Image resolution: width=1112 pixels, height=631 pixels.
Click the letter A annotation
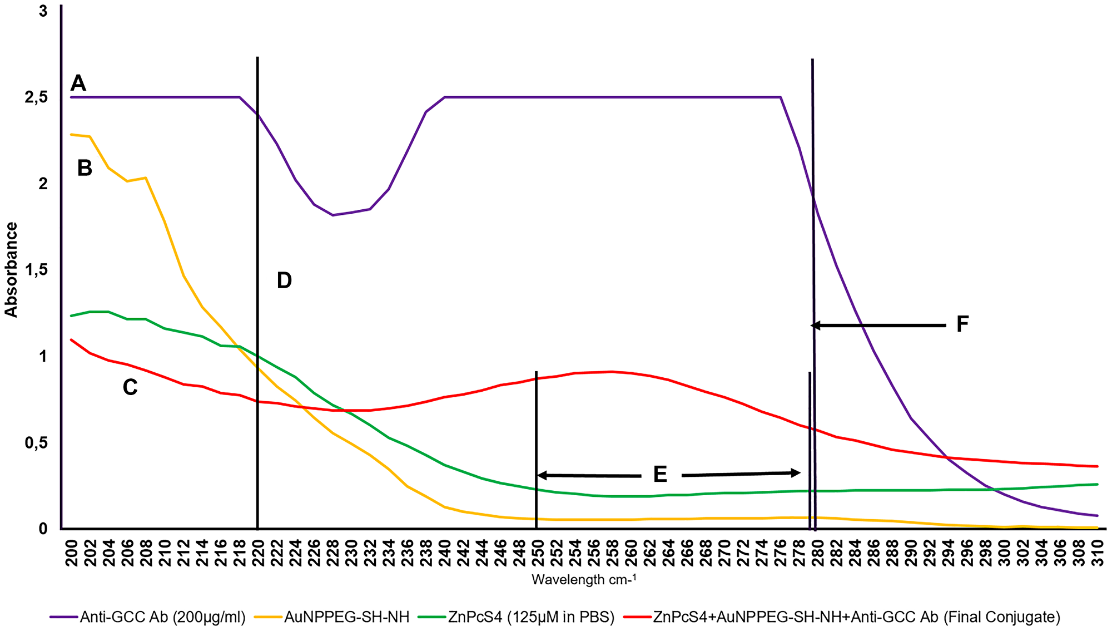click(78, 83)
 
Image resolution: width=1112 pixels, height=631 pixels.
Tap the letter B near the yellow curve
click(85, 168)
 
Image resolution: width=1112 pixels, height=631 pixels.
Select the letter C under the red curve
click(130, 387)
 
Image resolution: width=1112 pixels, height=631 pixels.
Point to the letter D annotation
click(284, 280)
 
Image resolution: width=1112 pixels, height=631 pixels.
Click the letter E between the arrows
click(660, 475)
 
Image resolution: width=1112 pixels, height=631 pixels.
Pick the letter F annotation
click(962, 324)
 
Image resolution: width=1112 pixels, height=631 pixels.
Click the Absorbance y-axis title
click(11, 270)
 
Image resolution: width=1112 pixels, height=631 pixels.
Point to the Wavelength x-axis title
click(584, 580)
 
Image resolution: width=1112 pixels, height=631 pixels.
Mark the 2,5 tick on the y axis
click(36, 97)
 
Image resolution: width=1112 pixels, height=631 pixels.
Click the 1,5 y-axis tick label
click(36, 270)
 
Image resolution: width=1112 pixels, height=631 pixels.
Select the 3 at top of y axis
click(43, 11)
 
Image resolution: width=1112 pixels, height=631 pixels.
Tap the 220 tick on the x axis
click(258, 553)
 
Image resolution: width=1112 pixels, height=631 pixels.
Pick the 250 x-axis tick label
click(538, 553)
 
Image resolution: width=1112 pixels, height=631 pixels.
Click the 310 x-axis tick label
click(1098, 553)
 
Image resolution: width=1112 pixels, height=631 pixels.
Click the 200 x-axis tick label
click(71, 553)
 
